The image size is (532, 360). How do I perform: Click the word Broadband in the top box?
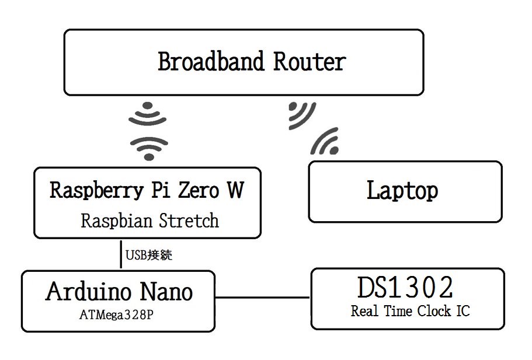[x=211, y=61]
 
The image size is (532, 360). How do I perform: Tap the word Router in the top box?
[x=310, y=61]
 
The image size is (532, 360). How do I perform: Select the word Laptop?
[x=402, y=191]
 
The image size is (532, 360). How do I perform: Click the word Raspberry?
[x=97, y=191]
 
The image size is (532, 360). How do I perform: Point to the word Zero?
[x=199, y=190]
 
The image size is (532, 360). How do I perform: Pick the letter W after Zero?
[x=236, y=190]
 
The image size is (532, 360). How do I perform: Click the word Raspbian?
[x=116, y=221]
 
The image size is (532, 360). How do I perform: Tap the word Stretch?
[x=189, y=221]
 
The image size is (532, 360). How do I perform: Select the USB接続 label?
[x=148, y=255]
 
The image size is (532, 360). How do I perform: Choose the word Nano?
[x=166, y=291]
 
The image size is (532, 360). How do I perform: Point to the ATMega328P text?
[x=116, y=315]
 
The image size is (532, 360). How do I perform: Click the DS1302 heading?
[x=405, y=287]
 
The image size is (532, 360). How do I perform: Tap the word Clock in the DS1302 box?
[x=434, y=311]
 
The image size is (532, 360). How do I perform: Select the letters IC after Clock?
[x=463, y=311]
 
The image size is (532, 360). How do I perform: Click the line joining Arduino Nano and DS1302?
[x=263, y=298]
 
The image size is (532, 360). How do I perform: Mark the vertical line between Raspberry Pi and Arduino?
[x=121, y=254]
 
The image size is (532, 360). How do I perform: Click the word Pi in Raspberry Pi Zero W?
[x=161, y=190]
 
